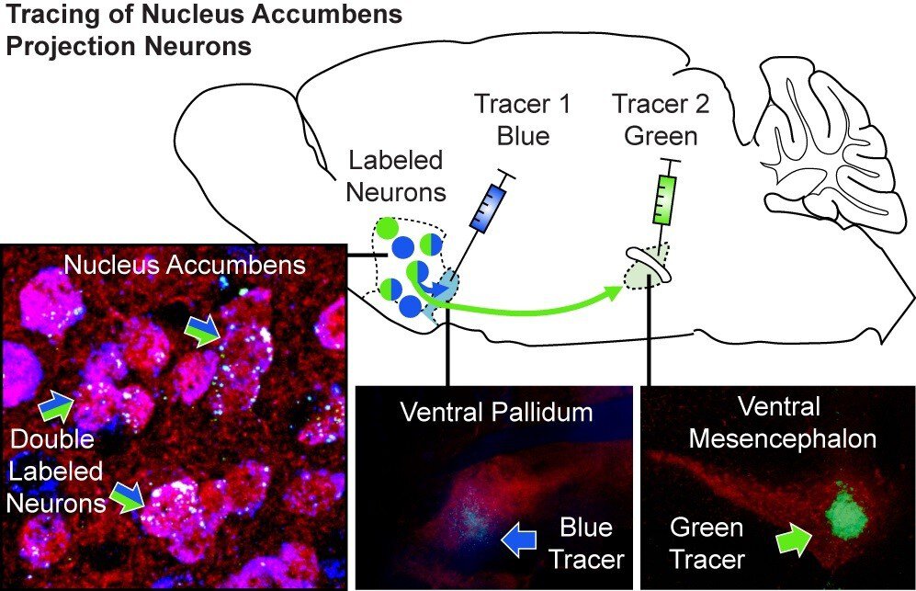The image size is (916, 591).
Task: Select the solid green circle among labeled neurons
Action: pyautogui.click(x=389, y=226)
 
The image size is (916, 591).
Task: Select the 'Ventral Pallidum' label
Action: pyautogui.click(x=496, y=412)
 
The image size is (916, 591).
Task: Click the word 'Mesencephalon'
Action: pyautogui.click(x=782, y=439)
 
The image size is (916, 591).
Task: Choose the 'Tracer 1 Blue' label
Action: pyautogui.click(x=522, y=119)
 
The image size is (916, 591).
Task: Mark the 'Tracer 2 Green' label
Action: pyautogui.click(x=662, y=119)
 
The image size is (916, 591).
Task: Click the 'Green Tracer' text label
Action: pyautogui.click(x=707, y=542)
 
